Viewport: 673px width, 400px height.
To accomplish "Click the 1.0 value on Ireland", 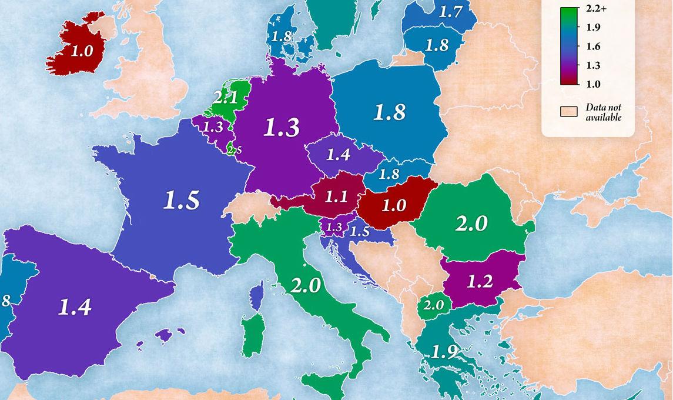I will pyautogui.click(x=82, y=51).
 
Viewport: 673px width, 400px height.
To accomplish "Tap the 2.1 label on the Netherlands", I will pyautogui.click(x=226, y=98).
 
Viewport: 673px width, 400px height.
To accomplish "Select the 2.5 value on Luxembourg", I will pyautogui.click(x=234, y=150).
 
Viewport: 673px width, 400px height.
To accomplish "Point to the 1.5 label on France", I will pyautogui.click(x=181, y=201).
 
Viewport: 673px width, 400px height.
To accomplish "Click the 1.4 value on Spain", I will pyautogui.click(x=75, y=306).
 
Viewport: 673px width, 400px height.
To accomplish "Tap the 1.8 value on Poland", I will pyautogui.click(x=390, y=112).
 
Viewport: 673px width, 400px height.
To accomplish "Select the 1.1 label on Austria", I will pyautogui.click(x=336, y=196).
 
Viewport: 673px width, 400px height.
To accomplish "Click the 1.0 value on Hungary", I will pyautogui.click(x=394, y=205).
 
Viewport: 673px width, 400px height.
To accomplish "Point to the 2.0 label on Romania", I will pyautogui.click(x=471, y=224).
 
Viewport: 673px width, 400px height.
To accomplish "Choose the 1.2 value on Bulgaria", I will pyautogui.click(x=479, y=281).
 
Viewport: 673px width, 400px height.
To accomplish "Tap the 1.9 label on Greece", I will pyautogui.click(x=444, y=352).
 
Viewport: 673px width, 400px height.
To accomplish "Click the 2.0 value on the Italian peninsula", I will pyautogui.click(x=306, y=285).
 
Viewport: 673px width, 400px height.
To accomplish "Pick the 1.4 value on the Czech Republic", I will pyautogui.click(x=338, y=155).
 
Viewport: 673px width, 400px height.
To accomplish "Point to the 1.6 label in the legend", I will pyautogui.click(x=592, y=46).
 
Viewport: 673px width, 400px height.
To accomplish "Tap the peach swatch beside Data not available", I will pyautogui.click(x=568, y=112).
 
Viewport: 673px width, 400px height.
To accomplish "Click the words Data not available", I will pyautogui.click(x=603, y=112).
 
